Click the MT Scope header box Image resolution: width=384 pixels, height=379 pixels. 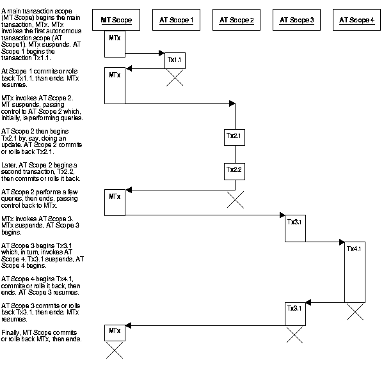point(116,20)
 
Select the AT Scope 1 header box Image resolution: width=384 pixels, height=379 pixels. point(176,20)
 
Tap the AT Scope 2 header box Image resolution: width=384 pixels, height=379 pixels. point(236,20)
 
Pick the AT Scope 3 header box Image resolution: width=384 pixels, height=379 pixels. point(296,20)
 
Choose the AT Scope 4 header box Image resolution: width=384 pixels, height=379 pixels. point(356,20)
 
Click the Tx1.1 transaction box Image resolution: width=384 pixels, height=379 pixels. point(175,60)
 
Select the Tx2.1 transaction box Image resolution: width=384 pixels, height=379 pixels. point(235,137)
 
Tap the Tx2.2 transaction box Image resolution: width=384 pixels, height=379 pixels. point(235,171)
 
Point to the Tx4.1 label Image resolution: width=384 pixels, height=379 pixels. point(355,249)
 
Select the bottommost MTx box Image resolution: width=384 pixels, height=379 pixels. point(115,332)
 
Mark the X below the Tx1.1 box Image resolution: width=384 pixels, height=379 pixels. point(175,78)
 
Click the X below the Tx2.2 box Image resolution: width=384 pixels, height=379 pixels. point(235,200)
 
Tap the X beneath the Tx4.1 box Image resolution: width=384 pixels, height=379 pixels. point(355,312)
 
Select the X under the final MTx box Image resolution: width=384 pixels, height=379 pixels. point(115,350)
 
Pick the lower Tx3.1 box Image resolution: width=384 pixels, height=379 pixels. point(294,313)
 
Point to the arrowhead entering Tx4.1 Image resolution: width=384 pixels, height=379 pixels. point(341,242)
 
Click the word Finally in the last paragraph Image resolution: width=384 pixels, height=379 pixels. point(12,332)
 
